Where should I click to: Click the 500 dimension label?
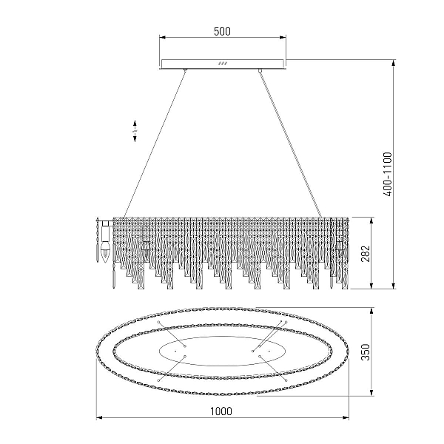pos(222,31)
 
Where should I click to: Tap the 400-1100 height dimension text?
pos(388,174)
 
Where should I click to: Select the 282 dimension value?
pos(366,253)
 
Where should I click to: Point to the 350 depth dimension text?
pos(366,352)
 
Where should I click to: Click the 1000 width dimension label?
pos(221,411)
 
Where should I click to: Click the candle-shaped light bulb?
pos(105,252)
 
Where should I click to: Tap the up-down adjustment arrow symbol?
pos(135,131)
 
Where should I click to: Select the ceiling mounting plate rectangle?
pos(222,64)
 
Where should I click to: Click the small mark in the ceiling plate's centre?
pos(223,64)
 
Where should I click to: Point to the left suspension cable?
pos(155,144)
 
